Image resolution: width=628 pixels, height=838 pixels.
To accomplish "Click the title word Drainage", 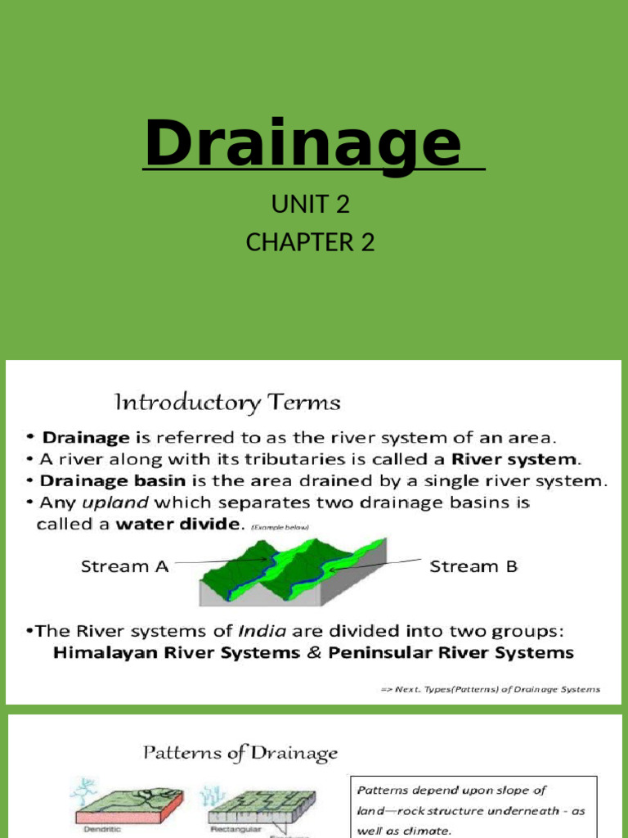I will pos(303,144).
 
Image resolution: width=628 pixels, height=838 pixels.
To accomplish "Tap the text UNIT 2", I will pos(311,205).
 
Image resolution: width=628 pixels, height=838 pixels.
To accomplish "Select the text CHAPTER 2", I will pos(311,243).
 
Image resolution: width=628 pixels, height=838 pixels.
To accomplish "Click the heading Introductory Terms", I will pos(226,403).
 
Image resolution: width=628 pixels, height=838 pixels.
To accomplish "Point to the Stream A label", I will pos(124,566).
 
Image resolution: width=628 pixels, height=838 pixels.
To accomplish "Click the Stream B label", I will pos(473,566).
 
